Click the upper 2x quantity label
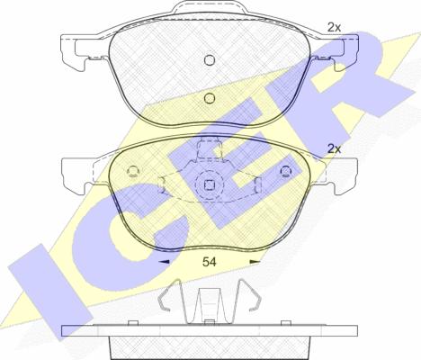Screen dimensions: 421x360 [x=334, y=28]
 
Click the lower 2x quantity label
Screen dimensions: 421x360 [x=334, y=148]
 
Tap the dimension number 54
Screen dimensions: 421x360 [x=209, y=262]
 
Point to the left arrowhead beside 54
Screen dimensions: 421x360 [x=164, y=262]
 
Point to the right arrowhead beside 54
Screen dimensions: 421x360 [x=255, y=262]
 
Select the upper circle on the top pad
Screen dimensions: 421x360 [x=210, y=60]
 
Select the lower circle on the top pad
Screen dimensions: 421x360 [x=210, y=98]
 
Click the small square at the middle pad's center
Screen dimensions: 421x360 [x=209, y=184]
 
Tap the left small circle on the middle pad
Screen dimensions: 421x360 [x=133, y=171]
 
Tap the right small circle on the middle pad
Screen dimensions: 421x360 [x=286, y=171]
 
